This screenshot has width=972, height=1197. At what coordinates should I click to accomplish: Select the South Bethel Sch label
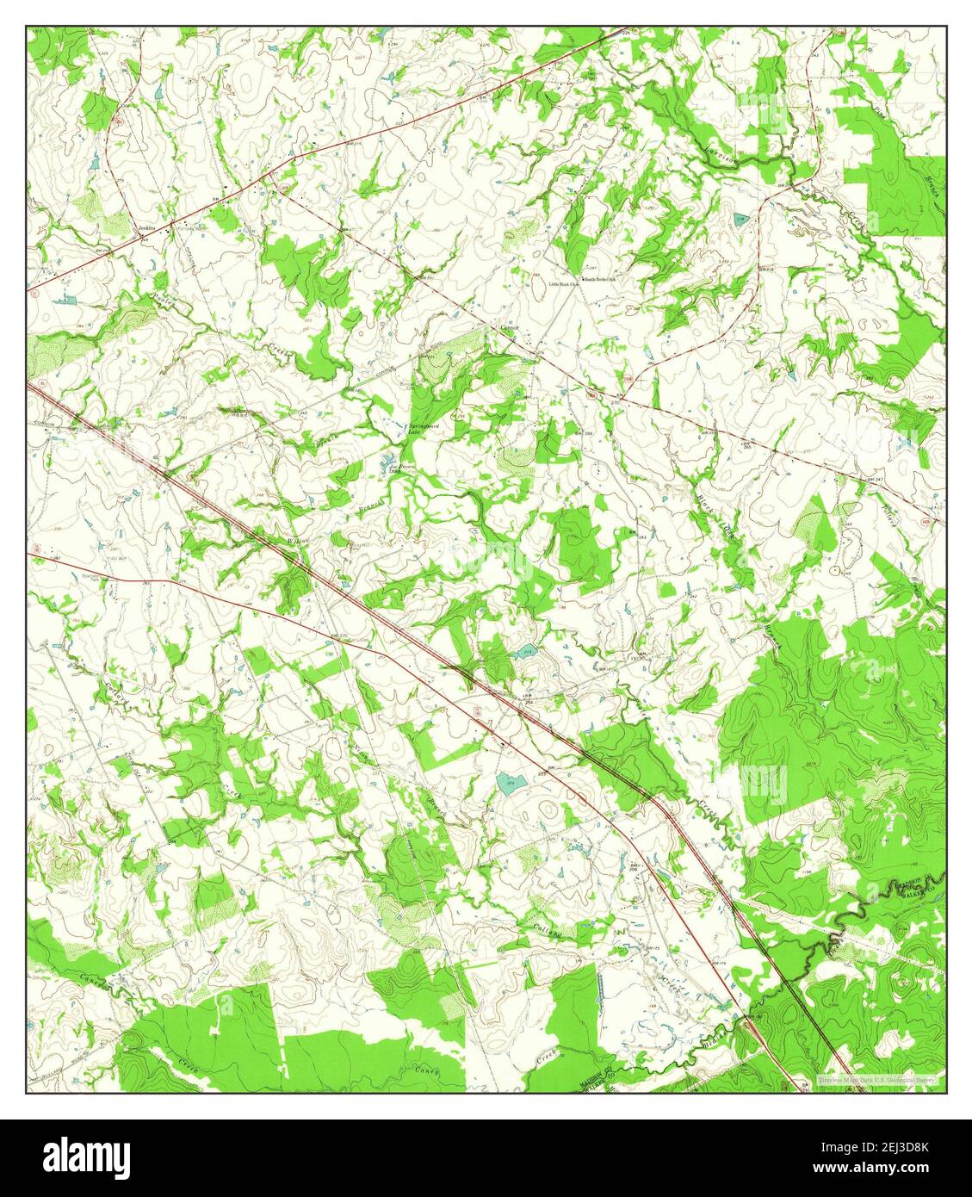click(605, 279)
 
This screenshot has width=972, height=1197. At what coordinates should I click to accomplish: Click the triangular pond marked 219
click(740, 220)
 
